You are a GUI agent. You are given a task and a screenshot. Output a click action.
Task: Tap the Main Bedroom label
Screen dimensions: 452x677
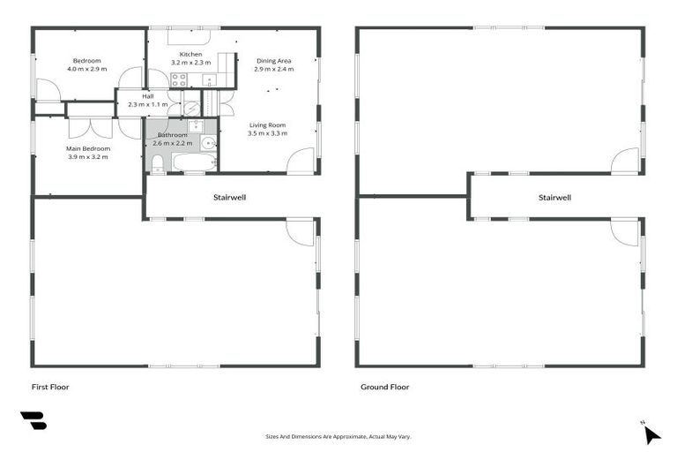coord(88,149)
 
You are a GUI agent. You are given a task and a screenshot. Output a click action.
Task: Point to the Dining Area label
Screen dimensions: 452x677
coord(273,61)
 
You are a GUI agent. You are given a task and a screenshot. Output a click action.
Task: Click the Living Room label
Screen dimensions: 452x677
coord(269,125)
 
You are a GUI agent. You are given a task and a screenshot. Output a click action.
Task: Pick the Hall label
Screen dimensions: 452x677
coord(147,96)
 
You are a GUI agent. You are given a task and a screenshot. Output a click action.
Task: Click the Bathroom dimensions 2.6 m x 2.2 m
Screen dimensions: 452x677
coord(172,143)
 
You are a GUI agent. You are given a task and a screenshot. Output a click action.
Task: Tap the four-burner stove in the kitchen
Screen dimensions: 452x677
coord(179,80)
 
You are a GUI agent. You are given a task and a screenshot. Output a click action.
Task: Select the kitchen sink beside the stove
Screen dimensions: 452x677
coord(210,80)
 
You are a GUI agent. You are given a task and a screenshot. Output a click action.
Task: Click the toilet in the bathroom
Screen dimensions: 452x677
coord(157,162)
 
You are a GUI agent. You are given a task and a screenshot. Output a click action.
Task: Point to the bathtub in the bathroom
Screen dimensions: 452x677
coord(193,162)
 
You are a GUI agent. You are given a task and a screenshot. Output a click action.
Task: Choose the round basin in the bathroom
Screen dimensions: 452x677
coord(208,143)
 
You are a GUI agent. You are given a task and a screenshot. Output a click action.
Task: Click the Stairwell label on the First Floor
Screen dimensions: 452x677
coord(229,197)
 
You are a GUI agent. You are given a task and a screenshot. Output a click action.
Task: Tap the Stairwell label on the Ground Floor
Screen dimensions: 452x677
coord(554,197)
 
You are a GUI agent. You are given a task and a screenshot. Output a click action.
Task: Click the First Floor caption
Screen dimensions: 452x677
coord(50,387)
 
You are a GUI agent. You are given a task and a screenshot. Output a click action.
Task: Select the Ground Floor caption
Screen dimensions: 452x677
coord(384,387)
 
